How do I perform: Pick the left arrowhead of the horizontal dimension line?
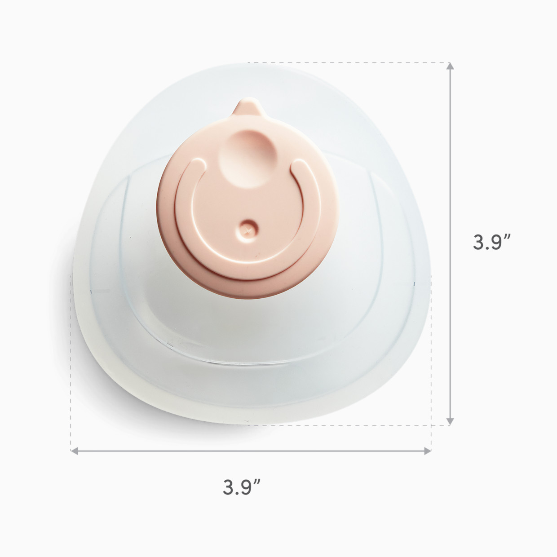pos(75,450)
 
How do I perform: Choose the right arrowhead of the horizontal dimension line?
pos(428,450)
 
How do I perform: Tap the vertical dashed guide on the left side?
pos(71,359)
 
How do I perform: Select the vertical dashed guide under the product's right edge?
pos(431,359)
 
